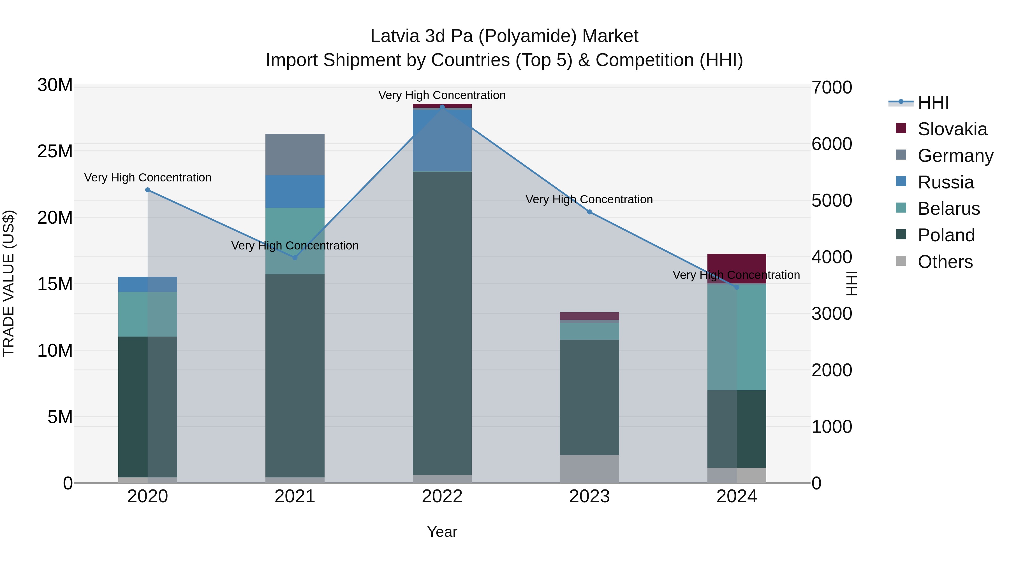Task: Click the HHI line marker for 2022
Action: (442, 107)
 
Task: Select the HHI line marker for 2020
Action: (148, 190)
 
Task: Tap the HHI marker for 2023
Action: (589, 212)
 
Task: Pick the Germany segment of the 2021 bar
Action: (295, 155)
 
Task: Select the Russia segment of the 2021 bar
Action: (295, 191)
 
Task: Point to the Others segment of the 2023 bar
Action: (589, 469)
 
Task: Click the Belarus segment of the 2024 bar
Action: (737, 337)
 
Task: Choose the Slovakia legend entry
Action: (952, 129)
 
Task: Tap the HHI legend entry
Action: (933, 102)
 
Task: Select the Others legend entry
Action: (945, 262)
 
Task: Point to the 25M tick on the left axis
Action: (55, 151)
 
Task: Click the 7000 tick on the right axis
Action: (832, 87)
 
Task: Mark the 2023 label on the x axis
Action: (589, 496)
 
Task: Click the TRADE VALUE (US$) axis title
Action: (9, 283)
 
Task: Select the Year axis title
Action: (442, 532)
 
